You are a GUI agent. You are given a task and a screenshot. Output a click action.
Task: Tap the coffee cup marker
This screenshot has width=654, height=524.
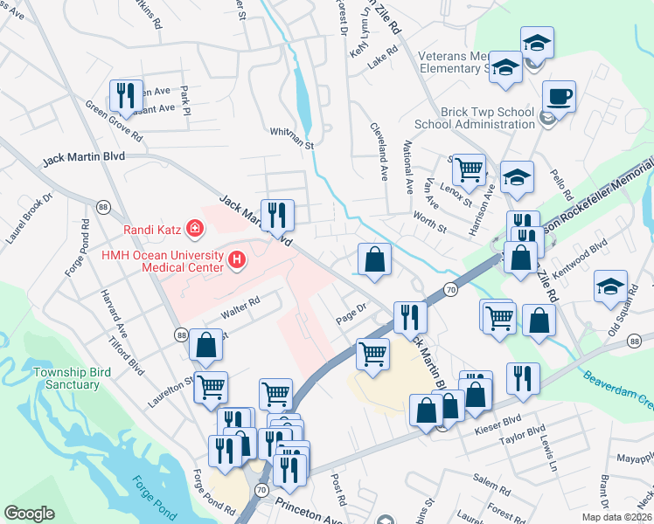click(559, 96)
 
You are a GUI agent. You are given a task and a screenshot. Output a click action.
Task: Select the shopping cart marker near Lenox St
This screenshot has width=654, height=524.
click(470, 169)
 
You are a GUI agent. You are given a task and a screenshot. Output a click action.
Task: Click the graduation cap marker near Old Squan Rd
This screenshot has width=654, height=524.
click(610, 286)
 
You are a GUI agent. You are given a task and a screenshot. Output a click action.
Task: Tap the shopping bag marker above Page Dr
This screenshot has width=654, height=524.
click(374, 259)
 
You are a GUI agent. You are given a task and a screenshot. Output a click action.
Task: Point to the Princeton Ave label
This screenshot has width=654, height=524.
click(310, 510)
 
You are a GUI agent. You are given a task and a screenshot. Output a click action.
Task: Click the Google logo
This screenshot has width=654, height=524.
click(29, 513)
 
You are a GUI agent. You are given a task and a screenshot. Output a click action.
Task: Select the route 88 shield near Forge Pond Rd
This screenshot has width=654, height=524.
click(103, 206)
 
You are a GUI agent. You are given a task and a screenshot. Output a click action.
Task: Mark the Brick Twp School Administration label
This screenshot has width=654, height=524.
click(487, 118)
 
